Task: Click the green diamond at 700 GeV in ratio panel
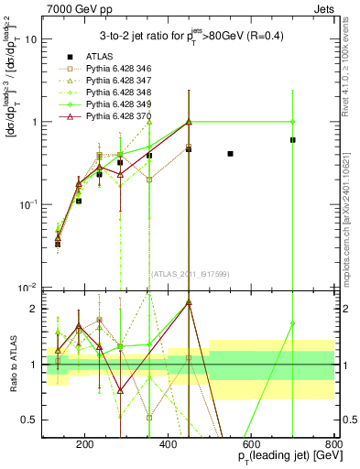292,323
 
